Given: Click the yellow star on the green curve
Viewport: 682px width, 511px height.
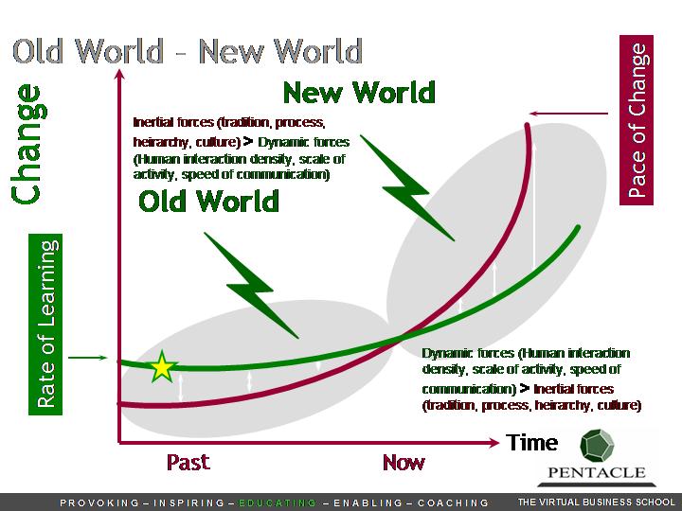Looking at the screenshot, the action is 162,367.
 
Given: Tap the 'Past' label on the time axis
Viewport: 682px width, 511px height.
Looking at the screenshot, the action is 188,462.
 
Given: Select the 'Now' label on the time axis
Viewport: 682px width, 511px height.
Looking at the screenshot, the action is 404,463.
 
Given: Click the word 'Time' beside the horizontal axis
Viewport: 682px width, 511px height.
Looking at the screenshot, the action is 531,443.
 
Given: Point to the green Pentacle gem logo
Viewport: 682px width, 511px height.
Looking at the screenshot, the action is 597,446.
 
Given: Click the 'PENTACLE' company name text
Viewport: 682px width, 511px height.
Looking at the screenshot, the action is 597,472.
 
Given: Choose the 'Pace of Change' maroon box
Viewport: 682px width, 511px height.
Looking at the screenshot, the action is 637,120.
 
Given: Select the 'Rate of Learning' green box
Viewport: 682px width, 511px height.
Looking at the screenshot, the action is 45,325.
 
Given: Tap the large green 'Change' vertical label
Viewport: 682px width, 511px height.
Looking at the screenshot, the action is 28,144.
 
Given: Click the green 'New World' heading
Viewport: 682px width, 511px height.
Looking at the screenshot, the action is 359,92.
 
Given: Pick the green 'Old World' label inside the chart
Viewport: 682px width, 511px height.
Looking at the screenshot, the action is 208,202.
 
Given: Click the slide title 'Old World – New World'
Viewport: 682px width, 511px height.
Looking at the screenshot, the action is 188,51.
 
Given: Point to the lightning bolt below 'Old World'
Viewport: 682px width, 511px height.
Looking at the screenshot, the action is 251,285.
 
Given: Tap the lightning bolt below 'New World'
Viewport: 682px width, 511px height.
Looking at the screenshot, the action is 407,187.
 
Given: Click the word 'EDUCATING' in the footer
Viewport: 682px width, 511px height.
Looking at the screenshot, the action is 278,502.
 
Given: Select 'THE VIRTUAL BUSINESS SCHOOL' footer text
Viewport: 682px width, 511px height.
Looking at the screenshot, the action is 596,502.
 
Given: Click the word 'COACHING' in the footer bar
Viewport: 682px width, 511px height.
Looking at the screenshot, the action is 453,502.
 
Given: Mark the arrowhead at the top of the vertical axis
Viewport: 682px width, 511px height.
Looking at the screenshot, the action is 119,74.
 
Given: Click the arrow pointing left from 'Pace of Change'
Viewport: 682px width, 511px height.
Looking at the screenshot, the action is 568,114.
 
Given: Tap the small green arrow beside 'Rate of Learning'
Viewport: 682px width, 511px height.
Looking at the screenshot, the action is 87,358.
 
